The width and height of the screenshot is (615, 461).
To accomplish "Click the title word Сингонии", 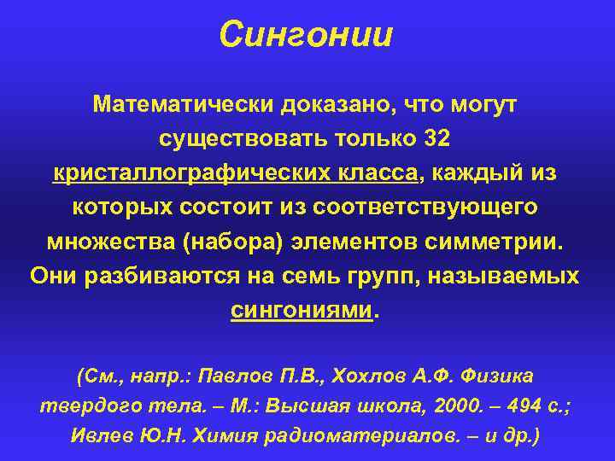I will tap(306, 35).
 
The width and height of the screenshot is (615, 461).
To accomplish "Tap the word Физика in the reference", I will tap(500, 376).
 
